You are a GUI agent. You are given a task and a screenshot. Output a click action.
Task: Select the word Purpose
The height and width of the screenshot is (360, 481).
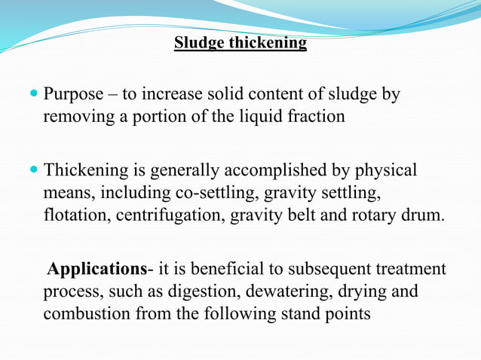(x=74, y=96)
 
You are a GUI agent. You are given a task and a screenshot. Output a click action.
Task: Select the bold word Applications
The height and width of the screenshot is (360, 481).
(x=97, y=269)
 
